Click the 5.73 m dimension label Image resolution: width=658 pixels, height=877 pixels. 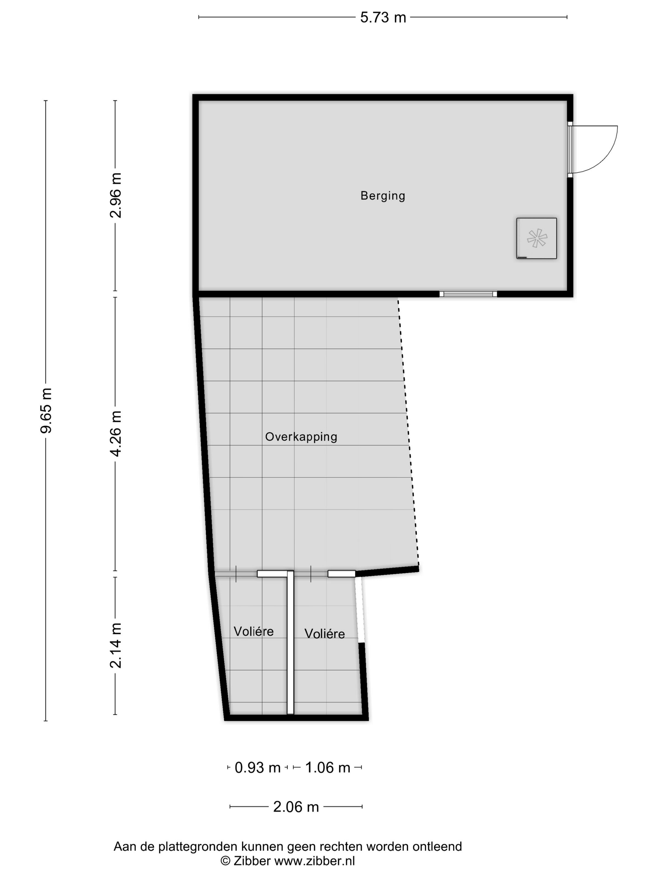click(383, 18)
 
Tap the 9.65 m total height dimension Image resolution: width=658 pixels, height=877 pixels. click(46, 410)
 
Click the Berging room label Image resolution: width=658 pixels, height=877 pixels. click(383, 196)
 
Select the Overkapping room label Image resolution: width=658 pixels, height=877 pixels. click(301, 437)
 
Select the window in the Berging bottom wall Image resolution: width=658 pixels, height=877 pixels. click(468, 294)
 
